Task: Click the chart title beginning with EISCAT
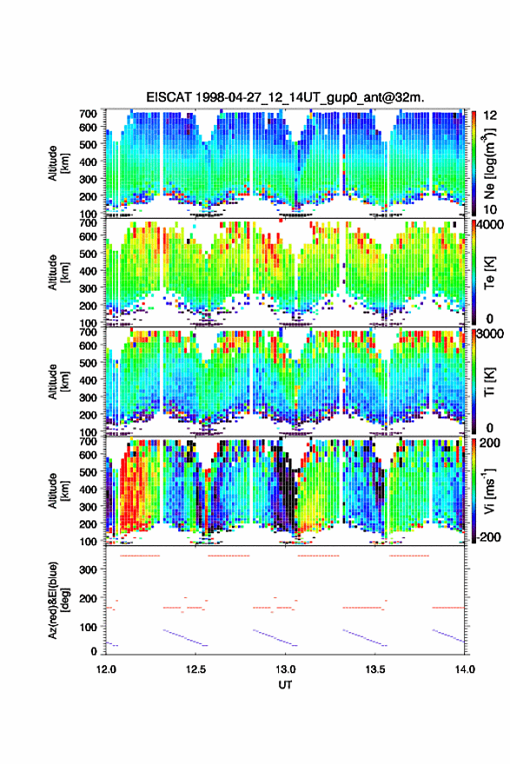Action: tap(285, 97)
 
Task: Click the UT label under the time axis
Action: tap(285, 685)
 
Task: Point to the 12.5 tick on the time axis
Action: tap(195, 669)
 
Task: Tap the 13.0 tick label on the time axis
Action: tap(285, 669)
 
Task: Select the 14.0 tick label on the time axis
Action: tap(465, 669)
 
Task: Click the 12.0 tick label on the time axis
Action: tap(106, 669)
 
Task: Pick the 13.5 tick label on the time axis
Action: tap(375, 669)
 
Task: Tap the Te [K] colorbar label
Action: tap(489, 273)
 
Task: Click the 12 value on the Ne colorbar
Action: tap(490, 115)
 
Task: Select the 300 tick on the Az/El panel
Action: tap(89, 570)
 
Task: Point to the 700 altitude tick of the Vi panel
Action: tap(89, 441)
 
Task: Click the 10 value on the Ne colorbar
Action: tap(490, 209)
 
